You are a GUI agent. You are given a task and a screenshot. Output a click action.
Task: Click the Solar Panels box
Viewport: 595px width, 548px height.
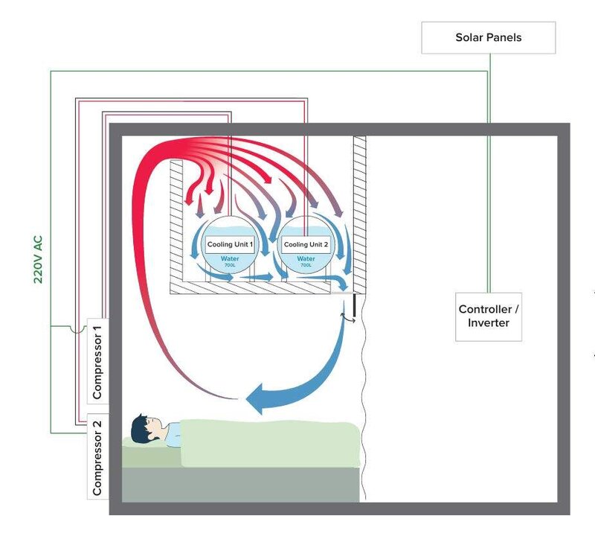[489, 37]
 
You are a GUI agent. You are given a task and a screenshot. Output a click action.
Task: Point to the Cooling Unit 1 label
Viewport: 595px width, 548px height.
[230, 244]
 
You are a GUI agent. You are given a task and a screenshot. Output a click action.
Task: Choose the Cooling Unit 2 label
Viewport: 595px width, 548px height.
[306, 244]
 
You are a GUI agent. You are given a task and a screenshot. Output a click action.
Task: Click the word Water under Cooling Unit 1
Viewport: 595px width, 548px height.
[230, 258]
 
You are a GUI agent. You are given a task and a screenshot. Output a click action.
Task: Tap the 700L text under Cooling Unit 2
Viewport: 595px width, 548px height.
[306, 265]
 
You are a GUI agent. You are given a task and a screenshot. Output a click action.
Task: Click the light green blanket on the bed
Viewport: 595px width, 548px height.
[268, 444]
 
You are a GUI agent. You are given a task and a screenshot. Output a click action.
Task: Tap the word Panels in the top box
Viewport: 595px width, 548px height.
[505, 37]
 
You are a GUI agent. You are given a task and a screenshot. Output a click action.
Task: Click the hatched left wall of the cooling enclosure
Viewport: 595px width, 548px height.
[177, 223]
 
